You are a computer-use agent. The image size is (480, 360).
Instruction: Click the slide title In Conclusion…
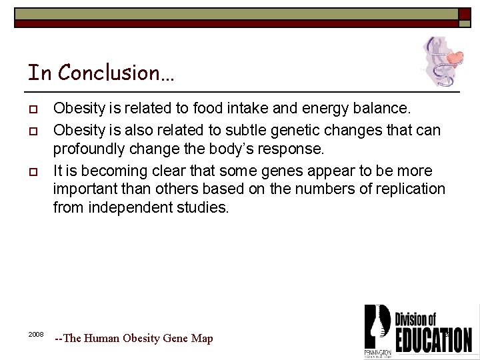101,72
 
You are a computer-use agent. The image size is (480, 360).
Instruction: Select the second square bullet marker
31,127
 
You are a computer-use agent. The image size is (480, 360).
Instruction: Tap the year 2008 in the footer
36,333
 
